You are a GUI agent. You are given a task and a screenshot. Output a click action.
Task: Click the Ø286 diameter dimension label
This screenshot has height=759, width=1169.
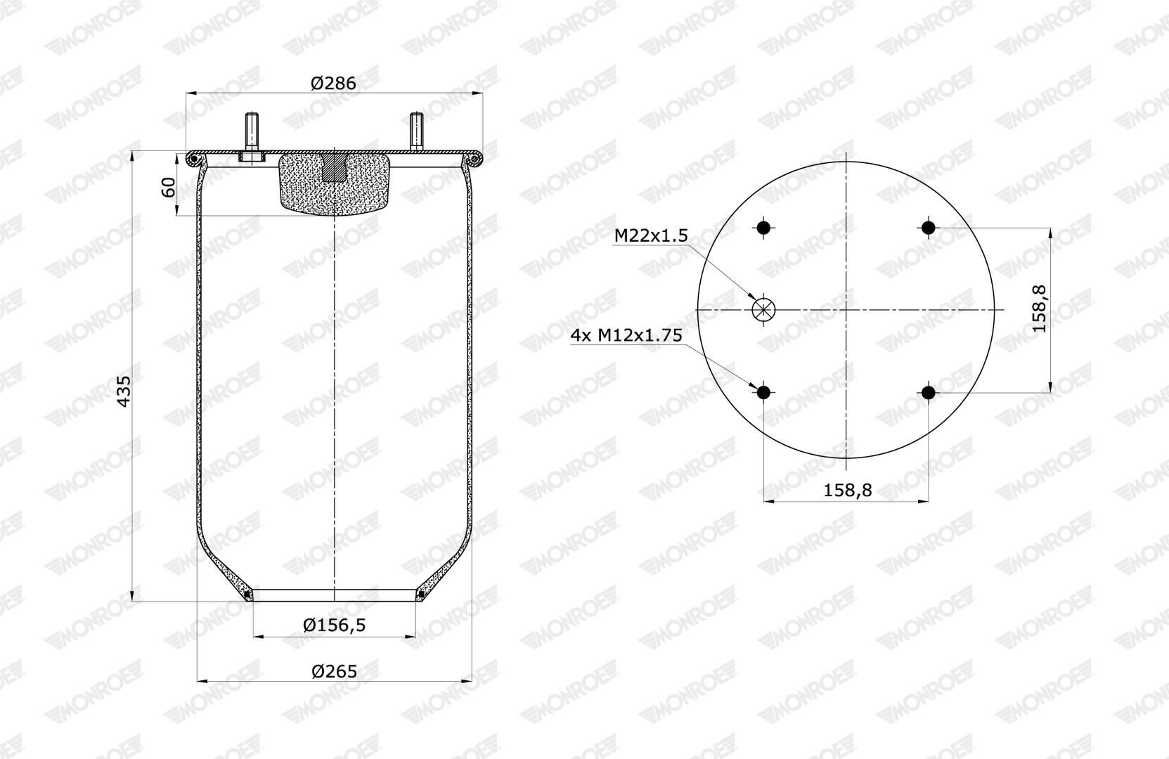tap(333, 83)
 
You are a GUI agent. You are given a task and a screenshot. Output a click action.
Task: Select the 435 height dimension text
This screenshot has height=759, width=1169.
tap(124, 391)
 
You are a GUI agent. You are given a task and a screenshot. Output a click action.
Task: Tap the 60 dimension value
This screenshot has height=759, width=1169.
tap(168, 187)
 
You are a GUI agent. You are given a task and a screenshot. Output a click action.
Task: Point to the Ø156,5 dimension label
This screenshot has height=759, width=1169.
tap(334, 624)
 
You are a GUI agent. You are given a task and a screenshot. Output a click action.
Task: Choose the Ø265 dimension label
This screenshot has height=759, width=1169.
tap(334, 671)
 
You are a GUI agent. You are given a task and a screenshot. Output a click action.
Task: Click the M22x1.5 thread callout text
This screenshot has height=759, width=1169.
tap(651, 236)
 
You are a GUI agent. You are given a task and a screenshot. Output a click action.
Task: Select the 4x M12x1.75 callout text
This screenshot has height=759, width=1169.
tap(626, 335)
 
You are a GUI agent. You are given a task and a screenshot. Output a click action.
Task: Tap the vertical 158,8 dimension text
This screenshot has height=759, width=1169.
tap(1039, 309)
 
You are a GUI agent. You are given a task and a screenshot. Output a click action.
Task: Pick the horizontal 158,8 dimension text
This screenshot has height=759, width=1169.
tap(848, 490)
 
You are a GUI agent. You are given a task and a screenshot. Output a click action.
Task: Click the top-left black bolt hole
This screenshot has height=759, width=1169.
tap(763, 228)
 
